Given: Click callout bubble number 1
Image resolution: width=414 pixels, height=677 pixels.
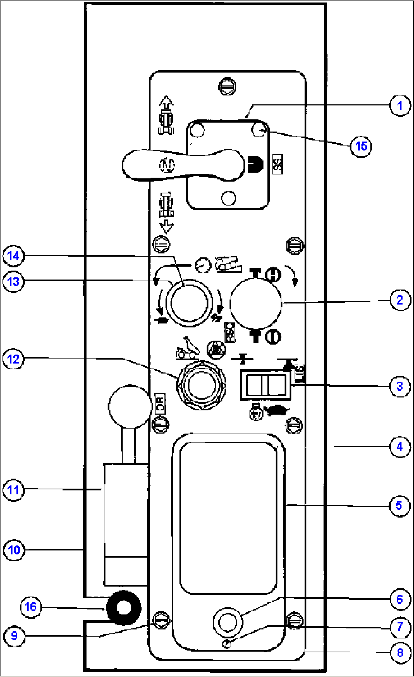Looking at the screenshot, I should [x=400, y=106].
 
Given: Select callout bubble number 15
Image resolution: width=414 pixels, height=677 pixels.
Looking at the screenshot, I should [x=360, y=146].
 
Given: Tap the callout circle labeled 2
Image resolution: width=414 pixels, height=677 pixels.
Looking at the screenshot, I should [x=400, y=300].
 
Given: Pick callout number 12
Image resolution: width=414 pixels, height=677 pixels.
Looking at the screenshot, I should [x=14, y=359].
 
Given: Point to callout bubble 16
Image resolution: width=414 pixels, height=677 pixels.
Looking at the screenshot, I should [x=30, y=607].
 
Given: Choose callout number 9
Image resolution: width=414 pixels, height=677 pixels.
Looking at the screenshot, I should [x=14, y=636].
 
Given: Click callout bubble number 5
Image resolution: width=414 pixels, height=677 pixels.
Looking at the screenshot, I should [x=399, y=506].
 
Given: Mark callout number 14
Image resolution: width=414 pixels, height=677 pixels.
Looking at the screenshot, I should [x=14, y=256].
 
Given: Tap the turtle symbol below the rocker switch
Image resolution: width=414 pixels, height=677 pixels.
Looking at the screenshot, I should [x=278, y=410].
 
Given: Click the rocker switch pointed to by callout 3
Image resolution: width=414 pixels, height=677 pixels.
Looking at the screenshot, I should [x=266, y=385].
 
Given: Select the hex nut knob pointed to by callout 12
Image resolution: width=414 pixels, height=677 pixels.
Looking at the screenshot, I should [x=201, y=385].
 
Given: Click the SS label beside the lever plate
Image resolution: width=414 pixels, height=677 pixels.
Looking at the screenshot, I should [x=278, y=164].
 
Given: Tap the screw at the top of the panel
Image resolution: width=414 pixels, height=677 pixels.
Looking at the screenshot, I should [x=227, y=86].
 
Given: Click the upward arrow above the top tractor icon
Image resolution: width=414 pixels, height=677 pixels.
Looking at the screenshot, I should [x=166, y=102].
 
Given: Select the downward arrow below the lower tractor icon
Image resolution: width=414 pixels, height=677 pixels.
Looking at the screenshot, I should [x=166, y=226].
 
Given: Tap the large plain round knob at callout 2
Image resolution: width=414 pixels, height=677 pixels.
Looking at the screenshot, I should [x=256, y=303].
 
